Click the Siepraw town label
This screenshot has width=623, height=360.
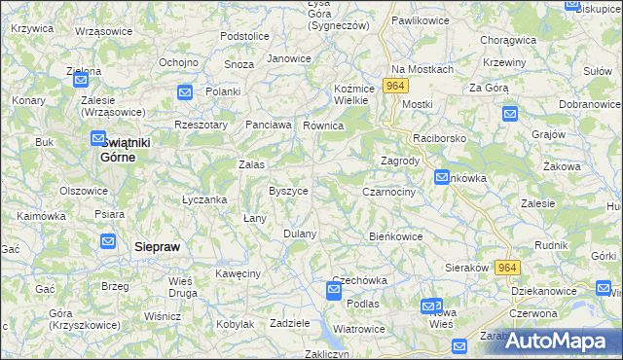157,247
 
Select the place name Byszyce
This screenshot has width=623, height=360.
288,191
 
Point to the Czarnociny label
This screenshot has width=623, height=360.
388,192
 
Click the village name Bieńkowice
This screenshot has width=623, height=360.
395,235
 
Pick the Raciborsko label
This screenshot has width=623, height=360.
439,138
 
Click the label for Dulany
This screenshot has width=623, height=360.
300,234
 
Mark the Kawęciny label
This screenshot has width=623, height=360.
238,273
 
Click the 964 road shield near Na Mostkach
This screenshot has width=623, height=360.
394,87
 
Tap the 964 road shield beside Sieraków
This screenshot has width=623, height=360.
506,268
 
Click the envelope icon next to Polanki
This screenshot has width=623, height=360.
186,91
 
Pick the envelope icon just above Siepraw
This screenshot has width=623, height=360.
108,241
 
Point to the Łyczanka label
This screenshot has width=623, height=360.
204,199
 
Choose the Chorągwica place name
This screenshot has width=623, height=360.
509,41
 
